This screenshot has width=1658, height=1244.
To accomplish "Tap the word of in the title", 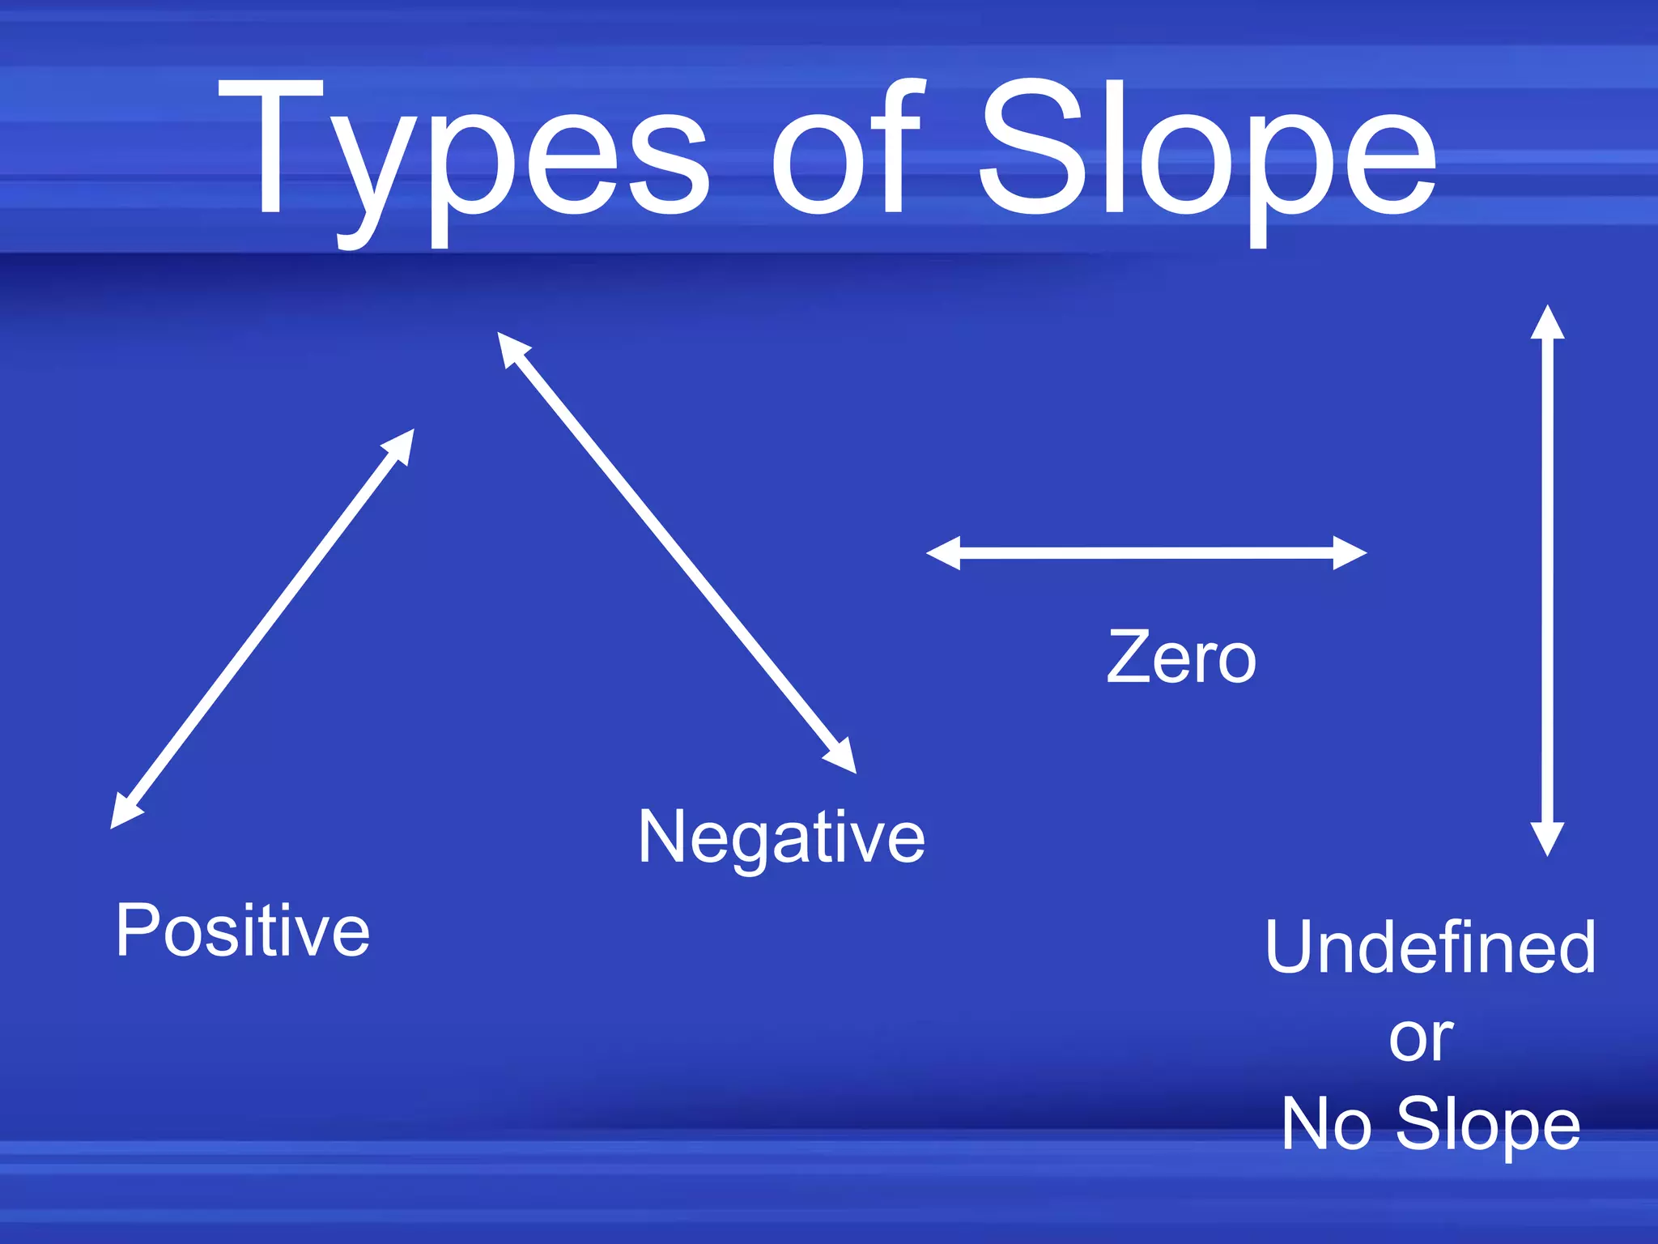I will pyautogui.click(x=846, y=150).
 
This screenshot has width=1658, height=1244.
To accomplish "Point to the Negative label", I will pyautogui.click(x=781, y=837).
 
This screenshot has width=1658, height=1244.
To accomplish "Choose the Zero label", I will pyautogui.click(x=1181, y=658).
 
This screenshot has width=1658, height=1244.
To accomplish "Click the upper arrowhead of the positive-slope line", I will pyautogui.click(x=400, y=447).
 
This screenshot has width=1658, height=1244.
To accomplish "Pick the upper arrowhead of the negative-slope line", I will pyautogui.click(x=511, y=348).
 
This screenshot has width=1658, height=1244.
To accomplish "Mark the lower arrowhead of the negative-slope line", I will pyautogui.click(x=842, y=756).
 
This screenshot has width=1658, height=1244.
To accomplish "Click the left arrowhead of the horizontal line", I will pyautogui.click(x=943, y=553).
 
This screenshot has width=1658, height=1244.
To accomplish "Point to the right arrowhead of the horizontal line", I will pyautogui.click(x=1350, y=553).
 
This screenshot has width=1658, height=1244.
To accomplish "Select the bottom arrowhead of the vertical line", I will pyautogui.click(x=1547, y=839).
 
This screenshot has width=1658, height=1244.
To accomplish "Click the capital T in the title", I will pyautogui.click(x=271, y=146).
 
